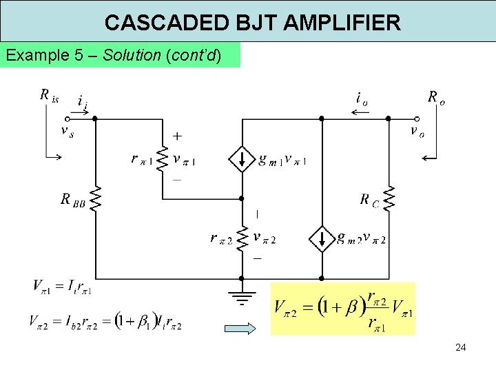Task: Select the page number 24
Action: click(460, 347)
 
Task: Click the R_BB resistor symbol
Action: click(94, 198)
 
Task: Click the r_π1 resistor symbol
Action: click(163, 159)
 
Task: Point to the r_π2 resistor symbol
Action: click(242, 238)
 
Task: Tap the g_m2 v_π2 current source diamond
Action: click(321, 238)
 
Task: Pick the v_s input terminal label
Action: click(68, 132)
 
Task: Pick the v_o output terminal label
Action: click(417, 131)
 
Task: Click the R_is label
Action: click(50, 96)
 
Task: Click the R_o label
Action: click(436, 96)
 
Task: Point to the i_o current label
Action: click(361, 98)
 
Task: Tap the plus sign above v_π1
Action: click(176, 137)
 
